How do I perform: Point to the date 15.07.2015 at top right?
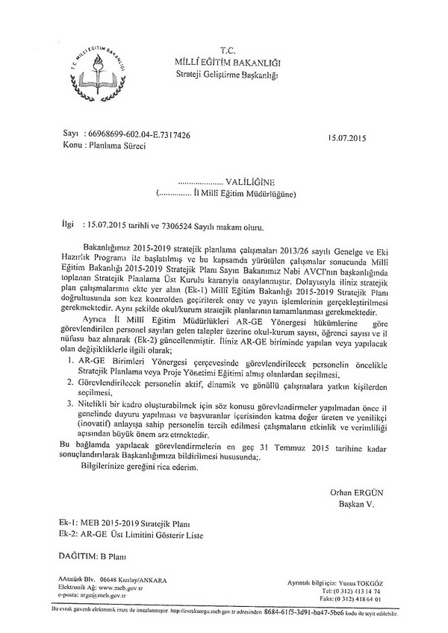click(349, 137)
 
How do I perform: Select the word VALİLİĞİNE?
click(252, 181)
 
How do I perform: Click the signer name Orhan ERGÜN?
click(356, 491)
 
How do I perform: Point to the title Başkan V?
click(358, 504)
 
